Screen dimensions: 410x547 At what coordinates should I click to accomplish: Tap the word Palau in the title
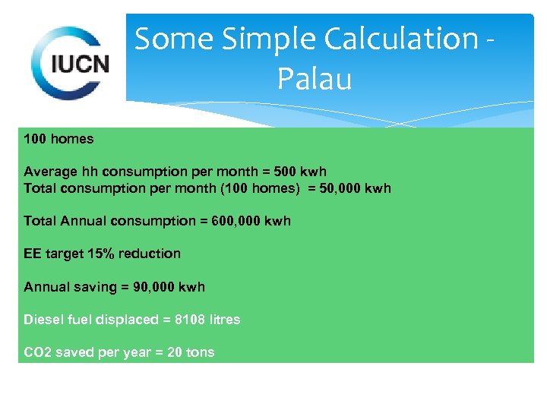pos(315,77)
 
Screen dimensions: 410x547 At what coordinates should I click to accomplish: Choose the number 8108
pos(190,320)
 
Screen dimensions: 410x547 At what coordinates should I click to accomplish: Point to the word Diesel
pos(43,320)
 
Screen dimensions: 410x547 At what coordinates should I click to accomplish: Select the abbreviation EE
pos(33,254)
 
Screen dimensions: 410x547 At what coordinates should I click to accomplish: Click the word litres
pos(224,320)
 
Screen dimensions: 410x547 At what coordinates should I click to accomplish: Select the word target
pos(63,254)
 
